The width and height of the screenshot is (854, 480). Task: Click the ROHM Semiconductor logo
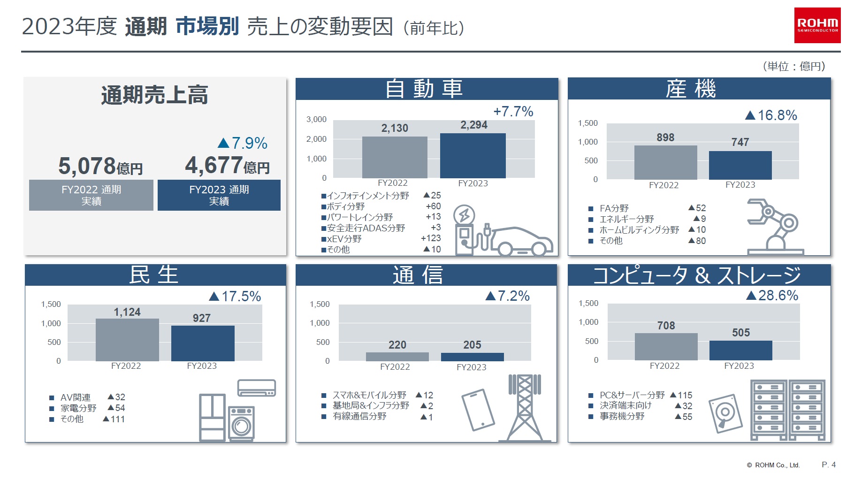(817, 25)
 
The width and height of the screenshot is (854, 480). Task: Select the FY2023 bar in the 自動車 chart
(473, 156)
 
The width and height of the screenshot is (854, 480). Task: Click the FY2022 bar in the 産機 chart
(665, 162)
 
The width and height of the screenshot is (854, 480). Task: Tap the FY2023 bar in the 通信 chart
(472, 357)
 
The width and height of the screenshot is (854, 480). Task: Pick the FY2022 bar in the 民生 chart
(127, 340)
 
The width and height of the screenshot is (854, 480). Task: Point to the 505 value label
(741, 333)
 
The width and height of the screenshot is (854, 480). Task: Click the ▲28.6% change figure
(772, 296)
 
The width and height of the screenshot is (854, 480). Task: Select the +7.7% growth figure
(513, 112)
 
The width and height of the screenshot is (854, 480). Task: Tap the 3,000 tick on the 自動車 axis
(316, 120)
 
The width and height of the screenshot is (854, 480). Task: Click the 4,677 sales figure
(214, 166)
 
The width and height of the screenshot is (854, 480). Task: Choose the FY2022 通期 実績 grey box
(91, 195)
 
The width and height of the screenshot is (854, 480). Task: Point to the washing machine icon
(241, 423)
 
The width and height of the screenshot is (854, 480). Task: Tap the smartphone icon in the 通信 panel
(478, 409)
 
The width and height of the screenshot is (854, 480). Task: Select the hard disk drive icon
(725, 413)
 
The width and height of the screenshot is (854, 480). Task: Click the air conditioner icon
(256, 388)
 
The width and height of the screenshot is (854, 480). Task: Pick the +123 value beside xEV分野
(431, 238)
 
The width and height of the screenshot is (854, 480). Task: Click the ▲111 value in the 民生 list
(114, 419)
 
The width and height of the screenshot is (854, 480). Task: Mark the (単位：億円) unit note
(793, 67)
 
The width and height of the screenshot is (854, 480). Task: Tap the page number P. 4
(828, 465)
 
